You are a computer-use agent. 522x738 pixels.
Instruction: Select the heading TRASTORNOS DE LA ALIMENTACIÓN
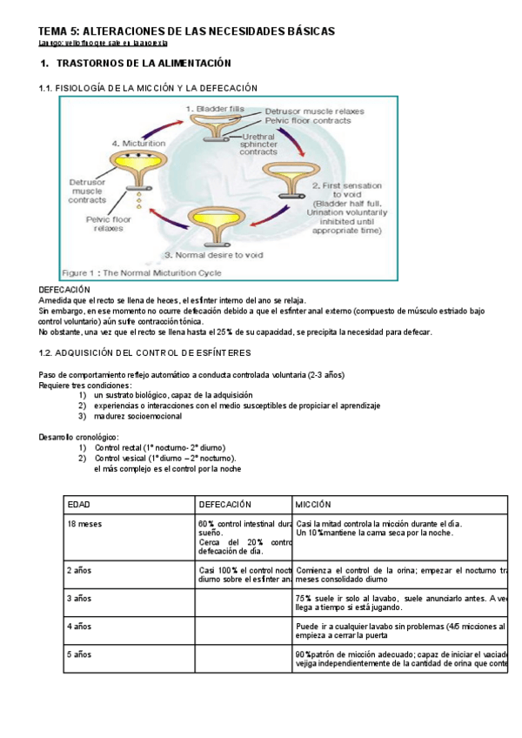coord(144,64)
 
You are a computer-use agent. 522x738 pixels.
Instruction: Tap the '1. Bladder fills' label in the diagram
coord(208,107)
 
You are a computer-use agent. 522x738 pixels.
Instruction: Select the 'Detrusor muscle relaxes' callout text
coord(314,111)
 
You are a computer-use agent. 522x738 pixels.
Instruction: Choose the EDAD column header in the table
coord(79,505)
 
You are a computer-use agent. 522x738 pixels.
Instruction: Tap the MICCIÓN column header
coord(313,505)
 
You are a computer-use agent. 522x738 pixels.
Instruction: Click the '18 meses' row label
coord(84,523)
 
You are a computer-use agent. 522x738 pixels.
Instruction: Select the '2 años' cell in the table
coord(80,571)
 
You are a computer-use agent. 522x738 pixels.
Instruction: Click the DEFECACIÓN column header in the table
coord(225,505)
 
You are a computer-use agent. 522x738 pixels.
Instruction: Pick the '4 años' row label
coord(80,627)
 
